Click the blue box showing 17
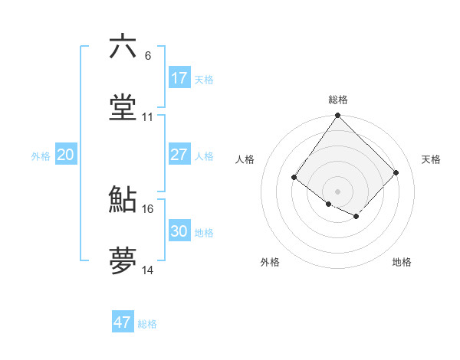tap(179, 78)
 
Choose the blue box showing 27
tap(179, 155)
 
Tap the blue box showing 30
tap(179, 231)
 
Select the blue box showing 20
tap(66, 155)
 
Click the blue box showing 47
tap(123, 322)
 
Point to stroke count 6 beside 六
tap(148, 56)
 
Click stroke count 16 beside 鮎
tap(148, 208)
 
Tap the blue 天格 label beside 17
tap(204, 80)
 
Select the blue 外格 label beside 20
tap(41, 156)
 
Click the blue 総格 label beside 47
tap(147, 324)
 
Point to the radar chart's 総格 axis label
tap(338, 100)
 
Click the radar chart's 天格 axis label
tap(432, 159)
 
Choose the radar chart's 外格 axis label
tap(270, 263)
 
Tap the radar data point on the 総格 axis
tap(338, 116)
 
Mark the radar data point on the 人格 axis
tap(294, 178)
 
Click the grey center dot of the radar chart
tap(338, 191)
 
